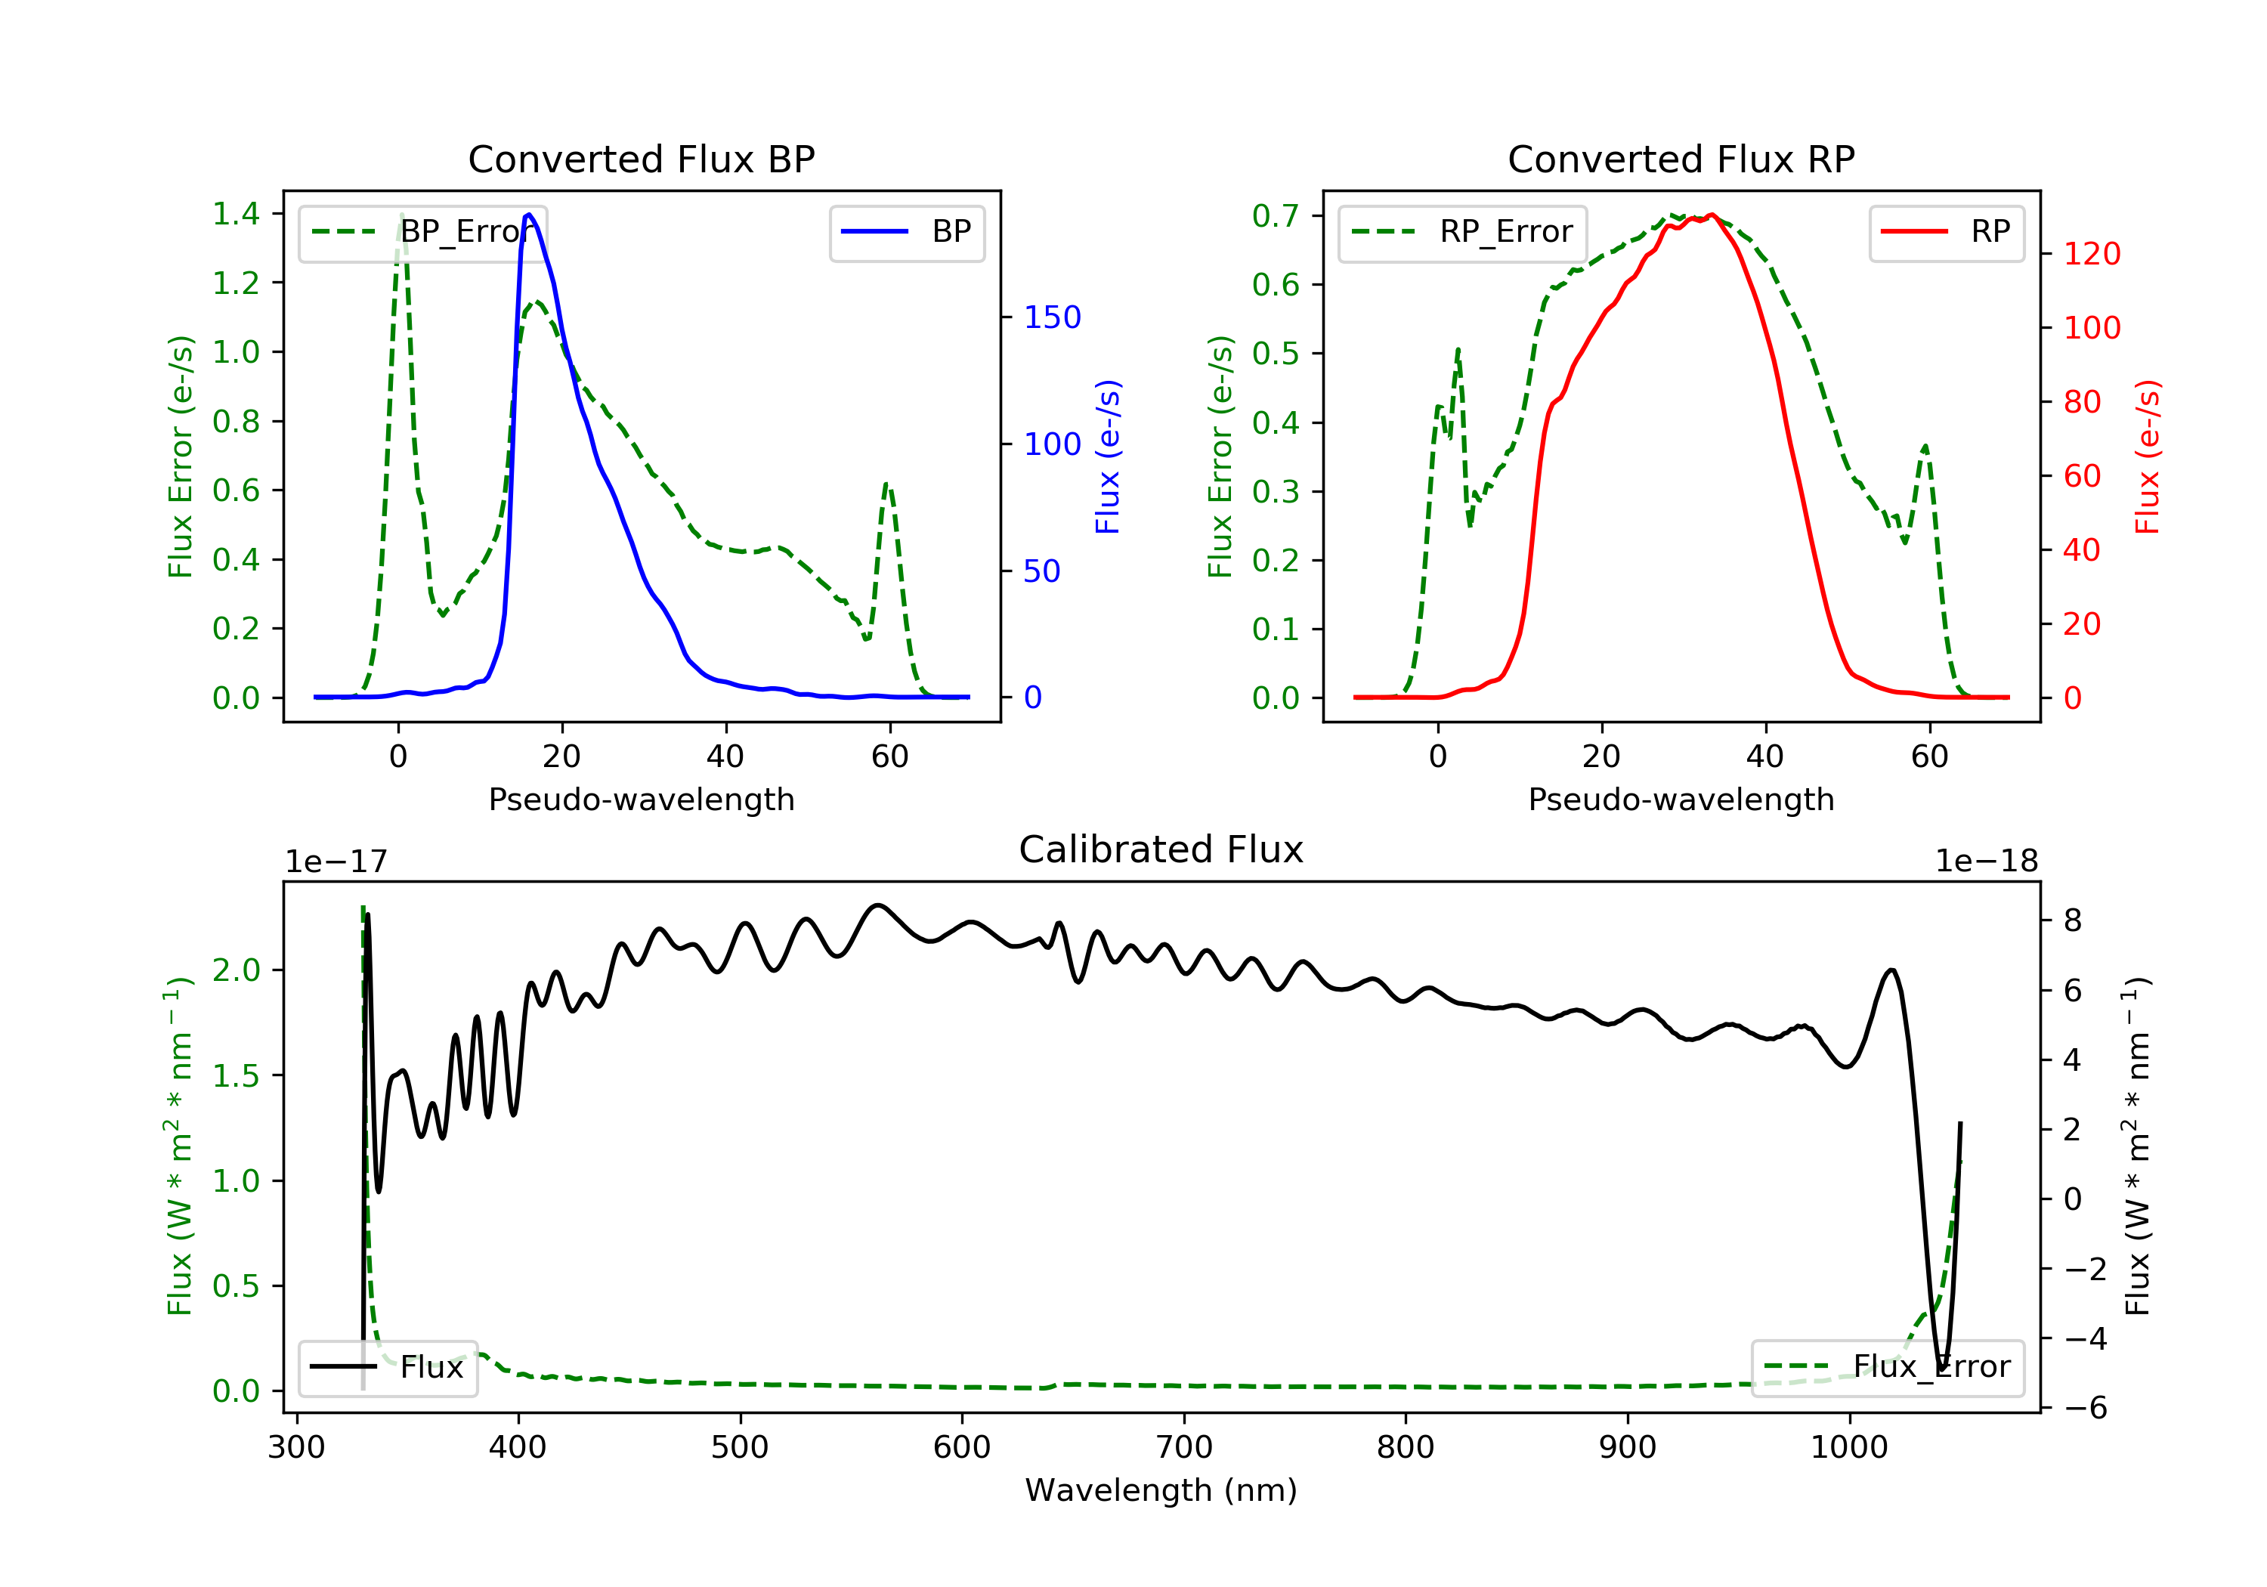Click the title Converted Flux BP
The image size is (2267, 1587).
[x=642, y=159]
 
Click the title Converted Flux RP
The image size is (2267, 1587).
[x=1681, y=159]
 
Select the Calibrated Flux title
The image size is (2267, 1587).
[x=1161, y=849]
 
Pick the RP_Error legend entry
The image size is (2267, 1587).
[x=1462, y=232]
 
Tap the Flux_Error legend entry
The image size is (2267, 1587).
[x=1887, y=1367]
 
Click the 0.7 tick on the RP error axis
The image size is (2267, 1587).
[x=1276, y=215]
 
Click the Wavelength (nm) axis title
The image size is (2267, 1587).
[x=1161, y=1490]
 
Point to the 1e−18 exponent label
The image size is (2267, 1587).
[x=1987, y=862]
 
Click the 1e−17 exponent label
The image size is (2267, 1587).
[x=337, y=862]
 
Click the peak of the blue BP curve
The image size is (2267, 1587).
[x=529, y=215]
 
